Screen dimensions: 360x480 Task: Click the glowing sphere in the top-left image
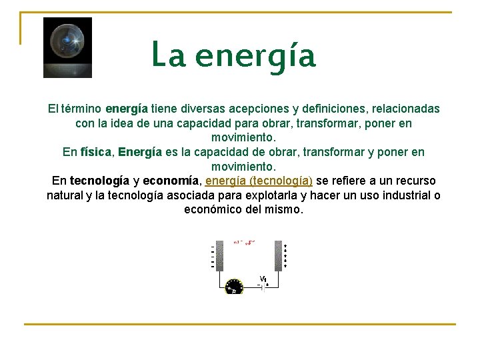pyautogui.click(x=67, y=41)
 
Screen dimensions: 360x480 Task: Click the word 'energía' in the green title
pyautogui.click(x=255, y=56)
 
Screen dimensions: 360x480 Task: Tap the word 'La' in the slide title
pyautogui.click(x=168, y=55)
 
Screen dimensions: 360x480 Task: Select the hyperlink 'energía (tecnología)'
pyautogui.click(x=259, y=181)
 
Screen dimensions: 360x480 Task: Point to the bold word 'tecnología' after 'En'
pyautogui.click(x=99, y=181)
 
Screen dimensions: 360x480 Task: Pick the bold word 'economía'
pyautogui.click(x=171, y=181)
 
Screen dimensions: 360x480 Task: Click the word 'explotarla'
pyautogui.click(x=270, y=195)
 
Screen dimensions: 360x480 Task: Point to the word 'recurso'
pyautogui.click(x=415, y=181)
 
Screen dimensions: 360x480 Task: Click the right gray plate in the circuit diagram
pyautogui.click(x=278, y=255)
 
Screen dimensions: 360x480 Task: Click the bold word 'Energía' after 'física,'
pyautogui.click(x=140, y=152)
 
